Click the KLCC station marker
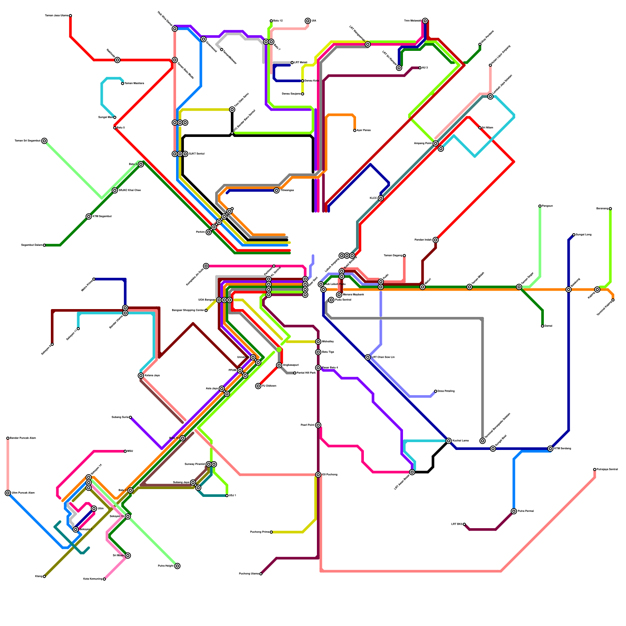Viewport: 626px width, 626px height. point(381,198)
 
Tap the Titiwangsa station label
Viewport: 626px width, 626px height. point(288,191)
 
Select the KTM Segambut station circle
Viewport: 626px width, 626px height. point(89,217)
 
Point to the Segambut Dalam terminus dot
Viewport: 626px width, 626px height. point(44,245)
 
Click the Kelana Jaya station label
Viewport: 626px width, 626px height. point(152,376)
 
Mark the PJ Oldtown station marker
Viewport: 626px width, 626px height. point(258,386)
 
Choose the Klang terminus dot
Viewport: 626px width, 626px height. point(44,576)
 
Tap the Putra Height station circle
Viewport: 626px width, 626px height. point(177,566)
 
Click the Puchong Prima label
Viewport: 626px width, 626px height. point(260,532)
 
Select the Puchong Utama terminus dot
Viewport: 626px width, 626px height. point(261,574)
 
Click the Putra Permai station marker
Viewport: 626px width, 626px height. point(514,511)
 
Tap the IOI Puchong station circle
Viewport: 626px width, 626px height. point(318,475)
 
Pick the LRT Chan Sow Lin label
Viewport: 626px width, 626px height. point(383,357)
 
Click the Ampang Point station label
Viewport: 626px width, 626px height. point(423,144)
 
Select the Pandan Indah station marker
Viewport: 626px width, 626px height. point(435,240)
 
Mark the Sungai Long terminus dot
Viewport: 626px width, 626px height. point(574,235)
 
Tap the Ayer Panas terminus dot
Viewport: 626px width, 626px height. point(355,131)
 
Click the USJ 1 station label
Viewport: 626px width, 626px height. point(232,496)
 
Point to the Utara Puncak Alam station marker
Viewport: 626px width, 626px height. point(8,493)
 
